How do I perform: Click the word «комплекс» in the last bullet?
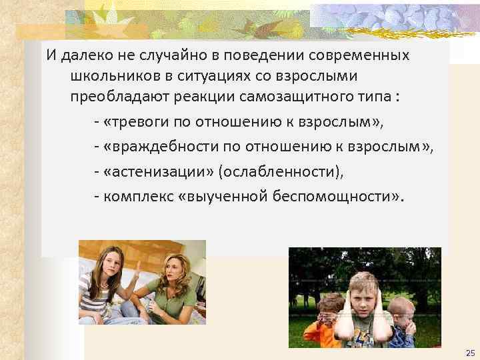tap(133, 196)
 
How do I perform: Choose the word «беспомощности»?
tap(338, 196)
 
